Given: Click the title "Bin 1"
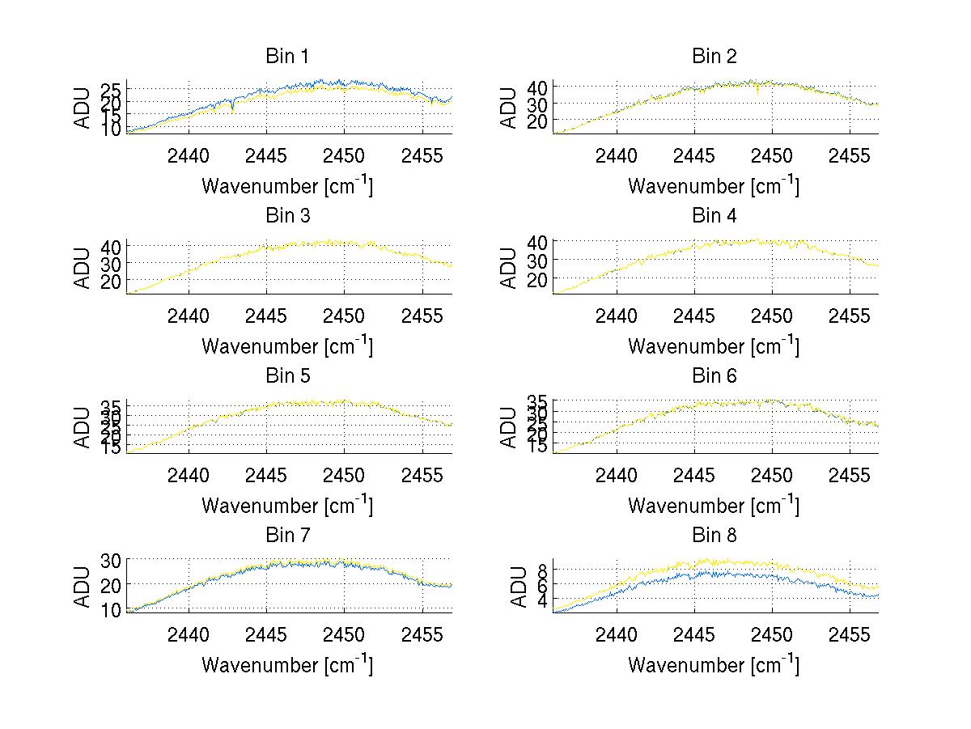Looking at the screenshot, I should (287, 57).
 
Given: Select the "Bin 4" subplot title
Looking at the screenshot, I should (714, 216).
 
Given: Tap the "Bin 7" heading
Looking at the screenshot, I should (287, 536).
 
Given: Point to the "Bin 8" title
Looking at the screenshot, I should (714, 536).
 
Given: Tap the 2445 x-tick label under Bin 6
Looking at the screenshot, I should (693, 475).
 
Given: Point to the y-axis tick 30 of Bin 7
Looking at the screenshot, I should (112, 561).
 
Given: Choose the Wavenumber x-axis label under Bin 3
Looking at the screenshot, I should (287, 345).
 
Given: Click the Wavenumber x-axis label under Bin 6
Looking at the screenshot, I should (714, 505).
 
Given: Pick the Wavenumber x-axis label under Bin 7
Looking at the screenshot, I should (287, 664).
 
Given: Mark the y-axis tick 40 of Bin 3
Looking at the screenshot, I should (112, 246).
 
